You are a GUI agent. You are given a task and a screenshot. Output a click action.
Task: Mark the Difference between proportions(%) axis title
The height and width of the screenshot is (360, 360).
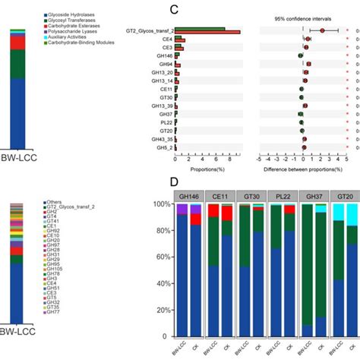304,169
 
